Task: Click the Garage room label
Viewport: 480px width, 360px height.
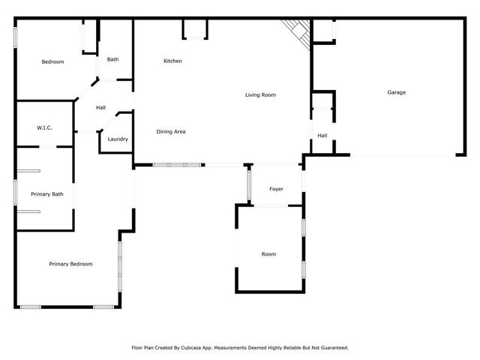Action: [x=396, y=92]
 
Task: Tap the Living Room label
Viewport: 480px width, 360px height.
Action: [x=261, y=95]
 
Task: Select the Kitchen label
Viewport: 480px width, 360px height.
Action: [x=172, y=61]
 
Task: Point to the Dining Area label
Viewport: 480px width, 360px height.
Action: [x=171, y=132]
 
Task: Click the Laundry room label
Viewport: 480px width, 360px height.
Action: [x=118, y=139]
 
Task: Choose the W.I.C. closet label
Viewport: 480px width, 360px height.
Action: [x=44, y=128]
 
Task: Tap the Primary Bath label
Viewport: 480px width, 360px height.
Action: [x=47, y=194]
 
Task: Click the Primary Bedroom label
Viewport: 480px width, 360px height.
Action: [x=70, y=264]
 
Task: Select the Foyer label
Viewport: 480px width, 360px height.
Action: [x=276, y=189]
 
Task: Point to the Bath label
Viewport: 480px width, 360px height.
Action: [x=112, y=59]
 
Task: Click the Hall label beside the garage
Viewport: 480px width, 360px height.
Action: [x=322, y=136]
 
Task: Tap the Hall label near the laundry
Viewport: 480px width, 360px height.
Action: [x=100, y=108]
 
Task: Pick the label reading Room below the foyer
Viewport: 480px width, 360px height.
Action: [x=268, y=254]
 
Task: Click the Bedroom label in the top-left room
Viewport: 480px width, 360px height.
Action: [x=52, y=61]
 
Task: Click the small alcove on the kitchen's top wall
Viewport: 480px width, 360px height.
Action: [x=194, y=28]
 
